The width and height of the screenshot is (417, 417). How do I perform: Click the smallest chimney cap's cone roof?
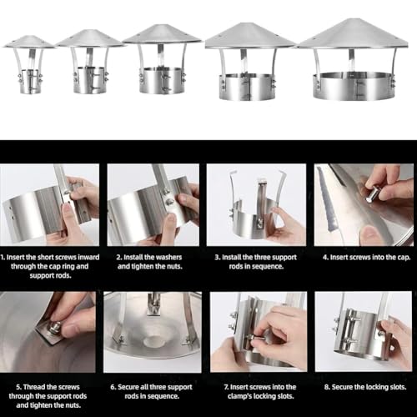(x=29, y=42)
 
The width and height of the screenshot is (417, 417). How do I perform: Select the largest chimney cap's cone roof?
(x=353, y=34)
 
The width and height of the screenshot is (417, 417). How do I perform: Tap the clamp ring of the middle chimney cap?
(x=163, y=80)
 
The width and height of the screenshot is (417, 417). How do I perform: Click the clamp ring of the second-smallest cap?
(x=90, y=80)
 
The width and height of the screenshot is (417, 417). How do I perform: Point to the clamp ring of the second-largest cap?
(x=247, y=87)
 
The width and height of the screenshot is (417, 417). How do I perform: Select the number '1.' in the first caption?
(x=3, y=257)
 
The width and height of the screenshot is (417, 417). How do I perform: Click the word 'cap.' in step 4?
(x=403, y=258)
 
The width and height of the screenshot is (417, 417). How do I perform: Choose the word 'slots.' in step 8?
(x=396, y=387)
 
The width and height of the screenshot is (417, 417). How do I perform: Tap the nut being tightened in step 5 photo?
(x=56, y=327)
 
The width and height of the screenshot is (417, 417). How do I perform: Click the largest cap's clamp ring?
(x=354, y=86)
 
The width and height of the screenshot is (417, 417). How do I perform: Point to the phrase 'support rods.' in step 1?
(x=50, y=276)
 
